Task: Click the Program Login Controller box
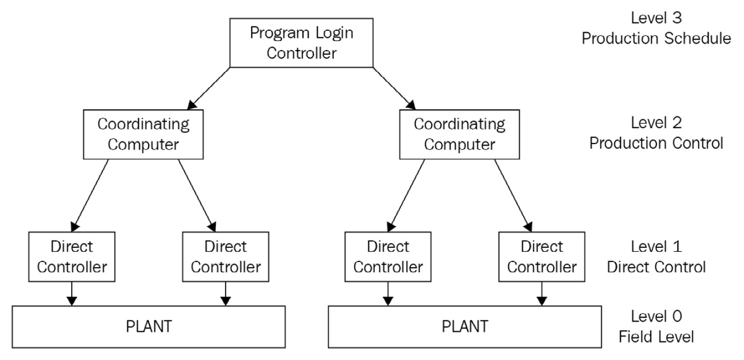(x=301, y=43)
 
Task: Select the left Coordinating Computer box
(x=143, y=134)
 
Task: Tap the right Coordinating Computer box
(x=459, y=134)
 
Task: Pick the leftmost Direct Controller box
(x=72, y=257)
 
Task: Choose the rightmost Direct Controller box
(x=542, y=257)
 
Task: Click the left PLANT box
(x=149, y=327)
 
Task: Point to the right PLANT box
(x=465, y=327)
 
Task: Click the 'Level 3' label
(x=656, y=18)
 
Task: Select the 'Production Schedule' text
(x=656, y=38)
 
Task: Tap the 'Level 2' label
(x=656, y=123)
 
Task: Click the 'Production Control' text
(x=656, y=144)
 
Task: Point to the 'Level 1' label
(x=656, y=247)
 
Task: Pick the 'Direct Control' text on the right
(x=656, y=267)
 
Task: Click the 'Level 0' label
(x=656, y=316)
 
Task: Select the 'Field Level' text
(x=656, y=337)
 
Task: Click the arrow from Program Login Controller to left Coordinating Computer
(x=209, y=88)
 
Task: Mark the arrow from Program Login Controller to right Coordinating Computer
(x=394, y=88)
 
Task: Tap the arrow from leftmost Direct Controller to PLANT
(x=72, y=293)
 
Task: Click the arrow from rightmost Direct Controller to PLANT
(x=542, y=293)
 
